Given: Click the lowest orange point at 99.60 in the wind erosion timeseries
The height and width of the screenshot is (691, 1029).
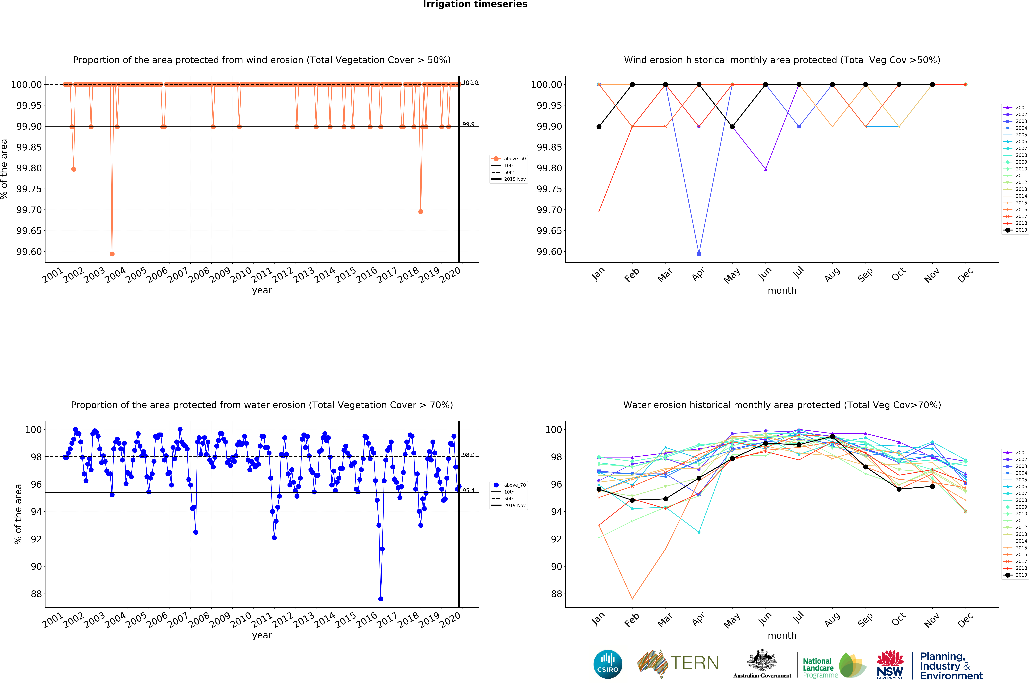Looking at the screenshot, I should [112, 254].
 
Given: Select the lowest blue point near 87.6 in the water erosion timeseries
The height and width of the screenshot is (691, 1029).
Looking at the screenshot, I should [381, 599].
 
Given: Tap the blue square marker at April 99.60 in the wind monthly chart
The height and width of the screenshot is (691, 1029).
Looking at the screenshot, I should [699, 254].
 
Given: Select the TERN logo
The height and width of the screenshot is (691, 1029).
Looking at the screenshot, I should [678, 663].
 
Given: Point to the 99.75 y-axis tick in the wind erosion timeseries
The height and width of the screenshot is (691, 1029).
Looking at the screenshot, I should [29, 189].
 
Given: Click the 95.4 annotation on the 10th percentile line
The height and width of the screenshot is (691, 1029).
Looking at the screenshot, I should [468, 490].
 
